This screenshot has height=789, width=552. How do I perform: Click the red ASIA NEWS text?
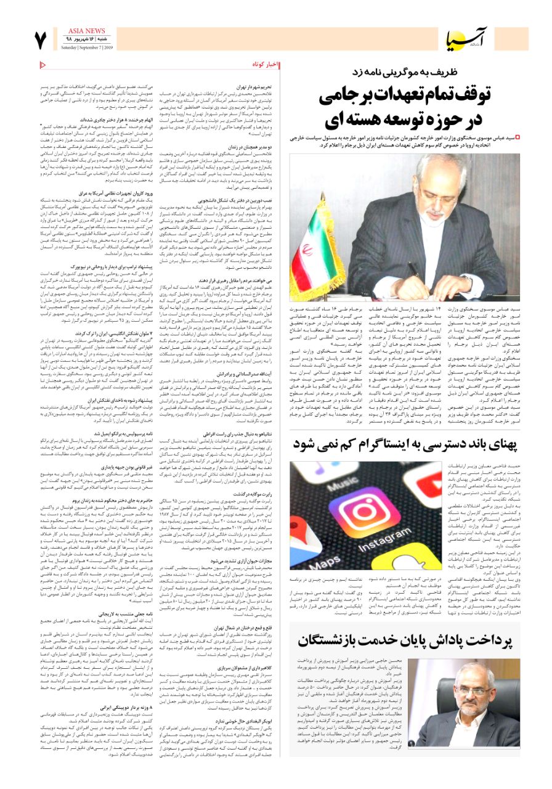[x=86, y=30]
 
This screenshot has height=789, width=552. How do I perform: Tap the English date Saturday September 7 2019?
[x=86, y=47]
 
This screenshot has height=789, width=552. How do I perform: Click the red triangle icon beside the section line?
[x=43, y=64]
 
